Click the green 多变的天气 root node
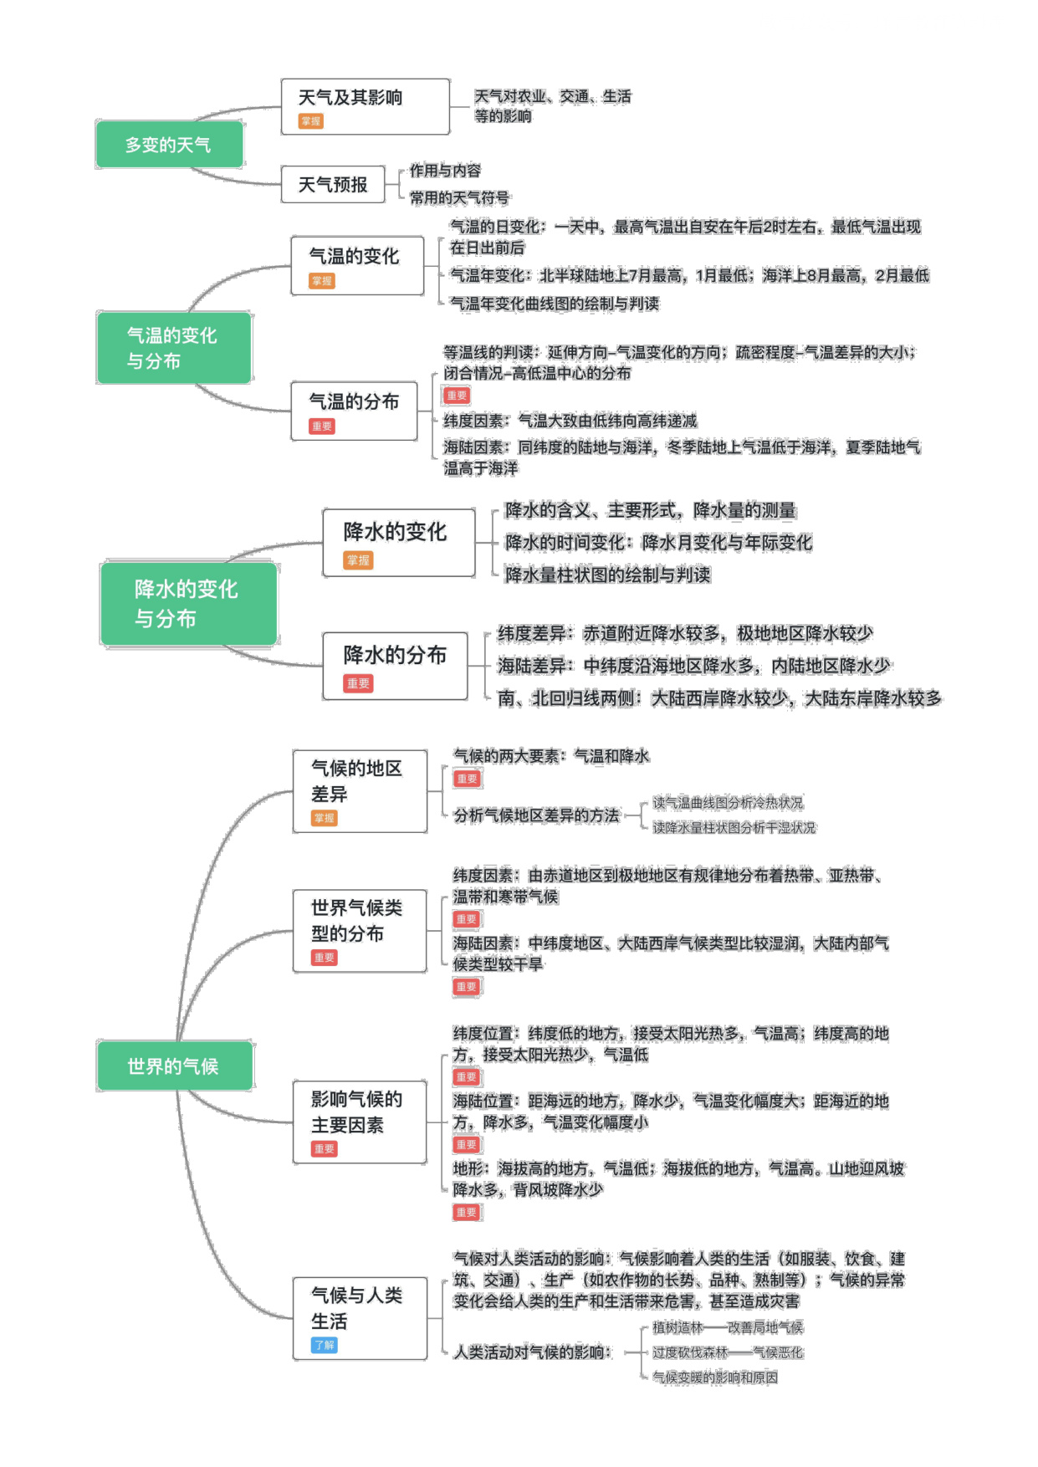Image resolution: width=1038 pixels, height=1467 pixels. pos(169,145)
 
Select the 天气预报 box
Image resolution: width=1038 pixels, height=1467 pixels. pos(333,185)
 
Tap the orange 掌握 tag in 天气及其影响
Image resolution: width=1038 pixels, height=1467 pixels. pos(311,121)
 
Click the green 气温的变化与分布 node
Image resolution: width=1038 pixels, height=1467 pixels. pos(174,348)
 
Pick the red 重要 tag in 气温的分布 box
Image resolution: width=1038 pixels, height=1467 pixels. pos(322,427)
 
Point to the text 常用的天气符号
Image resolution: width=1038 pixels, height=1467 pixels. pos(459,198)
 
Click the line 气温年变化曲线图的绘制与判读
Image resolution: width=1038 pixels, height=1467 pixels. pos(555,304)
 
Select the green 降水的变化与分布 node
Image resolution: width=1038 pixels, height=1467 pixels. pos(188,604)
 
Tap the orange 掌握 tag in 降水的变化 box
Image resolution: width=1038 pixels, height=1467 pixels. pos(358,560)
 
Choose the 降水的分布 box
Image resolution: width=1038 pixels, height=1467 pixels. pos(395,666)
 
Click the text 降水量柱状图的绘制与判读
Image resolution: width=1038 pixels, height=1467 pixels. pos(608,575)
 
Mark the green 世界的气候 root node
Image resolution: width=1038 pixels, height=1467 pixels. pos(174,1066)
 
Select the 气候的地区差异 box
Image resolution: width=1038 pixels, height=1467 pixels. pos(360,791)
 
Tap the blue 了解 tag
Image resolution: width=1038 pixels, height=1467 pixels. pos(325,1345)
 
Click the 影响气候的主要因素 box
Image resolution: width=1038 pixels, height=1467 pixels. pos(360,1122)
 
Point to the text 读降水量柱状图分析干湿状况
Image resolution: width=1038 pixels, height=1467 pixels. pos(734,828)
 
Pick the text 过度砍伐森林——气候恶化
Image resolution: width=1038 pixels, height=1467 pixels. pos(728,1352)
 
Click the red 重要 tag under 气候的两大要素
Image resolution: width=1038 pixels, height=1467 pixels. pos(467,779)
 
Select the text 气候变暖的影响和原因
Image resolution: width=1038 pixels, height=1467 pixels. pos(715,1378)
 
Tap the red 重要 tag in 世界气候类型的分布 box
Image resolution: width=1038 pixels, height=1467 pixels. pos(325,958)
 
